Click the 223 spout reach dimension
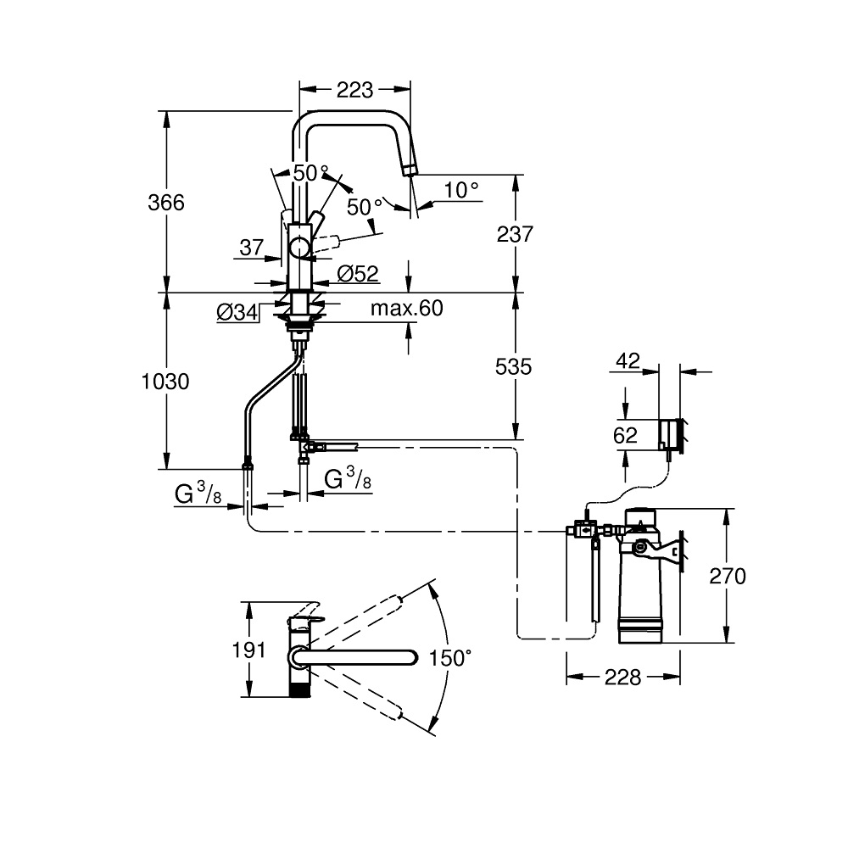(x=354, y=90)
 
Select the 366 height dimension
(x=166, y=203)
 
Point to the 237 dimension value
(x=515, y=234)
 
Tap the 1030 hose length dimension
(x=165, y=382)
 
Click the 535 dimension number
(x=513, y=366)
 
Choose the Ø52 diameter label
(x=358, y=274)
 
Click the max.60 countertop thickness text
(x=407, y=309)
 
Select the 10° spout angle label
(x=461, y=190)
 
